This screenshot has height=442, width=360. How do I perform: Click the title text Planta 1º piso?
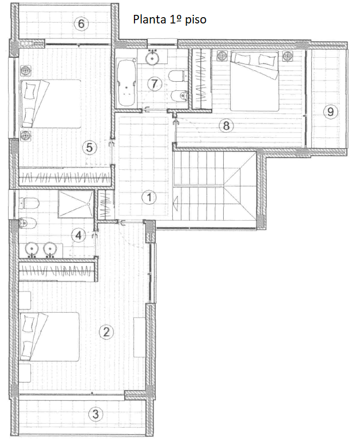(x=169, y=19)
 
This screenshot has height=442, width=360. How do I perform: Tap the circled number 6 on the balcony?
(x=81, y=23)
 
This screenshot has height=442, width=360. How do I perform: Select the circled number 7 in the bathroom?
(x=155, y=83)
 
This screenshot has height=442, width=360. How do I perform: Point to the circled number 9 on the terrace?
(x=330, y=112)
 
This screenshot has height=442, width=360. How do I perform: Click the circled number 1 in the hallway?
(x=149, y=197)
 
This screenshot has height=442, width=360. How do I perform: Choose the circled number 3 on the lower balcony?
(x=96, y=414)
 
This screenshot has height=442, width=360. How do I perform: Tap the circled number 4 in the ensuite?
(x=78, y=235)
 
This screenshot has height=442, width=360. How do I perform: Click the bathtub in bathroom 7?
(x=126, y=82)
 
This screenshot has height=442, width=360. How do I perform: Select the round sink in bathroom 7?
(x=153, y=58)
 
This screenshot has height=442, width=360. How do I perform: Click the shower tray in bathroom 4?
(x=76, y=204)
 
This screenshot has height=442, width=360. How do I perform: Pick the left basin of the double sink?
(x=32, y=249)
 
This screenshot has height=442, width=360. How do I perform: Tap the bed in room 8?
(x=255, y=81)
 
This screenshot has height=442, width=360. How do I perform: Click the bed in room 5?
(x=50, y=103)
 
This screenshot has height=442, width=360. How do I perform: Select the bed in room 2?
(x=49, y=337)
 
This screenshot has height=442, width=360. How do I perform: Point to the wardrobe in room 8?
(x=201, y=79)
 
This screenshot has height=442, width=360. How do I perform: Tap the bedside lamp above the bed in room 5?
(x=26, y=70)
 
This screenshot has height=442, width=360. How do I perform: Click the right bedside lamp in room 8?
(x=287, y=56)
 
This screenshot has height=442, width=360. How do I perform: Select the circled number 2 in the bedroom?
(x=106, y=332)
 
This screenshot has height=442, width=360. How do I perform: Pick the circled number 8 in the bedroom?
(x=226, y=125)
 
